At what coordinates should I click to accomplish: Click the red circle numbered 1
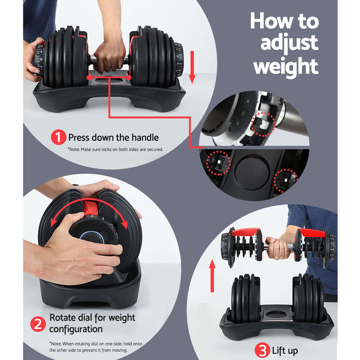(x=58, y=137)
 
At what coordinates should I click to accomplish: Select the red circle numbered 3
(x=263, y=351)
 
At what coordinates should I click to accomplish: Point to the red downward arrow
(x=192, y=66)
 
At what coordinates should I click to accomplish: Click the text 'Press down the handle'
(x=113, y=137)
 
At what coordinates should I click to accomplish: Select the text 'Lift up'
(x=285, y=351)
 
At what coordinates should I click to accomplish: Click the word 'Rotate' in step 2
(x=63, y=318)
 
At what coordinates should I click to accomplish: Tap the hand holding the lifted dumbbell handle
(x=278, y=248)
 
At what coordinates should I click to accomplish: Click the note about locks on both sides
(x=115, y=150)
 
